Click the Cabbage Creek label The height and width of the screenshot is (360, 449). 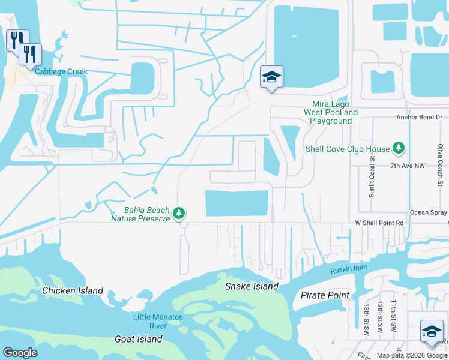pos(61,72)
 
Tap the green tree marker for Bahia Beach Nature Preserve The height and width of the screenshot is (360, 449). pos(179,213)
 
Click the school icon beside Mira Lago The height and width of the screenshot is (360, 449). pos(271,77)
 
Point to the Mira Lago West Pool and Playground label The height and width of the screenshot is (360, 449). pos(331,112)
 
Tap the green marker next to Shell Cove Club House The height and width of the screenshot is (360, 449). pos(398,148)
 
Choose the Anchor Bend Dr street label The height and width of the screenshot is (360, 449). pos(419,118)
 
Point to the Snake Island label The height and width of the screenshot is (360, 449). pos(252,286)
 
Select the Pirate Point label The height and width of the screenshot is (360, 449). pos(324,295)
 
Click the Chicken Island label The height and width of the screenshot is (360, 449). pos(73,290)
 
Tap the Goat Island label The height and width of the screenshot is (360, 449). pos(139,339)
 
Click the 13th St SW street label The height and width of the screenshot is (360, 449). pos(366,316)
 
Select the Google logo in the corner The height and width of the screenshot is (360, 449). pos(20,353)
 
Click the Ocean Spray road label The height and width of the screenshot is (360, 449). pos(428,212)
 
